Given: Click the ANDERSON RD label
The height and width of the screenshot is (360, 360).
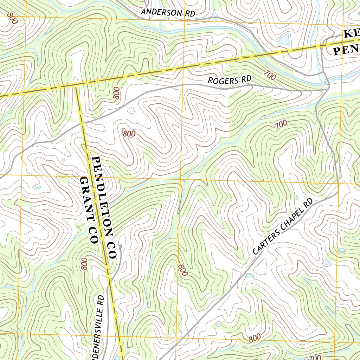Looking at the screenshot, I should click(168, 13).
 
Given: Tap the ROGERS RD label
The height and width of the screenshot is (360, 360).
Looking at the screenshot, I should click(230, 80).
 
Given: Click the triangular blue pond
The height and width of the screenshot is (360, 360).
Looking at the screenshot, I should click(284, 39).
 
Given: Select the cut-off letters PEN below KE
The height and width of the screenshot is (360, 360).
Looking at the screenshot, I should click(346, 50).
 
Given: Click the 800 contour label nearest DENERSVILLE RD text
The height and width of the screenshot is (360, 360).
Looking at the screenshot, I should click(84, 264).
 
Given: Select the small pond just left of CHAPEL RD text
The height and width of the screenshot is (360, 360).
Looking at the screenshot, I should click(249, 276).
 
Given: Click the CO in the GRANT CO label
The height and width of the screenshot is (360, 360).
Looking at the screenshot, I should click(93, 237).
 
